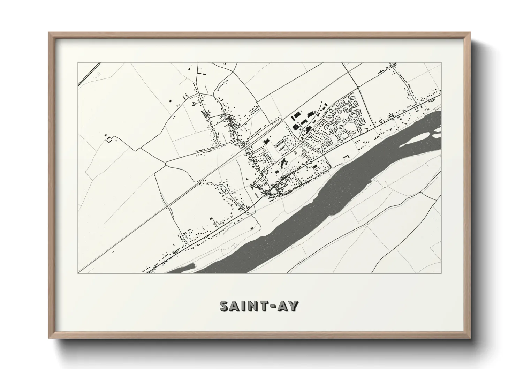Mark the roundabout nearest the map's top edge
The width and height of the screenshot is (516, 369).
233,72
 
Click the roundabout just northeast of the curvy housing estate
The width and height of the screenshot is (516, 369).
358,87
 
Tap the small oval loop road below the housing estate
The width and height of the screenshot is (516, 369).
327,144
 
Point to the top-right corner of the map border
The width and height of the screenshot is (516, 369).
441,63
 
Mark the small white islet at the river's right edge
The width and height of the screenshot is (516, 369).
437,130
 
